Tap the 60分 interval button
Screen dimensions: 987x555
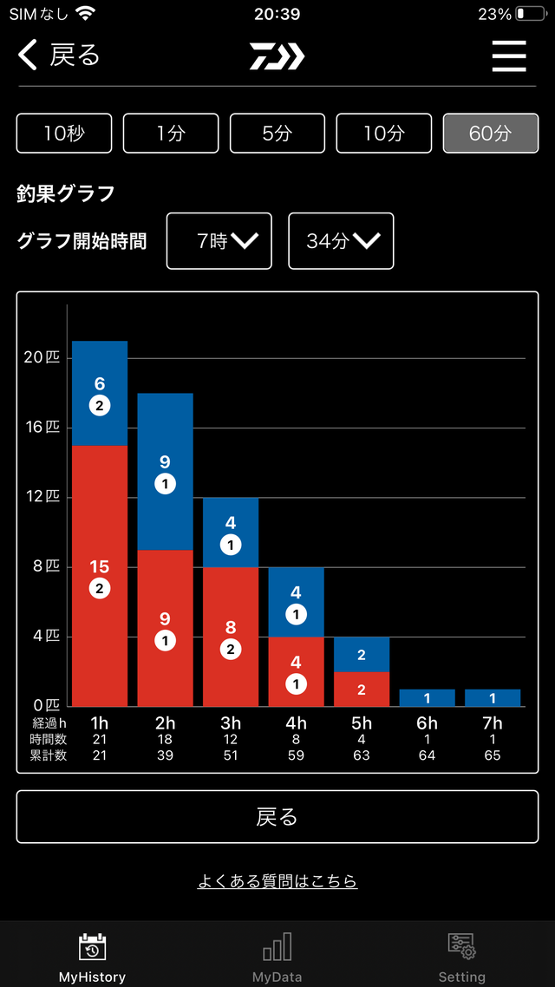[x=490, y=134]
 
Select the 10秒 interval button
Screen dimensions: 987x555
[x=64, y=134]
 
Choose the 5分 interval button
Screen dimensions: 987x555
[x=277, y=134]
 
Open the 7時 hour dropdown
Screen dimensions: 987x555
[x=219, y=241]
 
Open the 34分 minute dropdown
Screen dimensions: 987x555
[x=341, y=241]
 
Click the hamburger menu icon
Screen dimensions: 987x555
[x=509, y=56]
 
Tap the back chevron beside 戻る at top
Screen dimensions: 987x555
[x=29, y=56]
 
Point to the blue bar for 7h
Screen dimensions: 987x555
[x=493, y=698]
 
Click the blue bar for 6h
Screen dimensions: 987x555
[x=427, y=698]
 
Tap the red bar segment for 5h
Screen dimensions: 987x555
[x=362, y=690]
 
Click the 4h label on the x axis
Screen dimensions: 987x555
[x=296, y=722]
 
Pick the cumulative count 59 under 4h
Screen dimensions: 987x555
[x=296, y=755]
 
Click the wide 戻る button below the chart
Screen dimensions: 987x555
[x=277, y=816]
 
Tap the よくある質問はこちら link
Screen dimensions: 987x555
[x=277, y=881]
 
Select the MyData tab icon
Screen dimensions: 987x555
[x=277, y=947]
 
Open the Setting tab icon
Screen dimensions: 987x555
[x=461, y=947]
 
